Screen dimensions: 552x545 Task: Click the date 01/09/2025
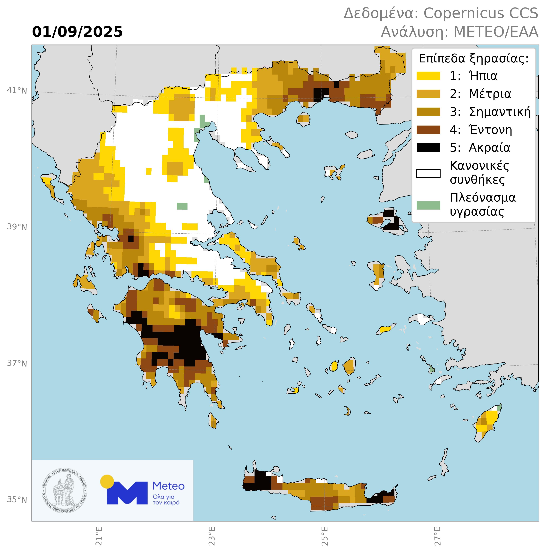click(x=77, y=32)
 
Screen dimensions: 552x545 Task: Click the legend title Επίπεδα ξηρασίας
click(x=473, y=59)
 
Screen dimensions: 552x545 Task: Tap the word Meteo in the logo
click(x=168, y=486)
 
